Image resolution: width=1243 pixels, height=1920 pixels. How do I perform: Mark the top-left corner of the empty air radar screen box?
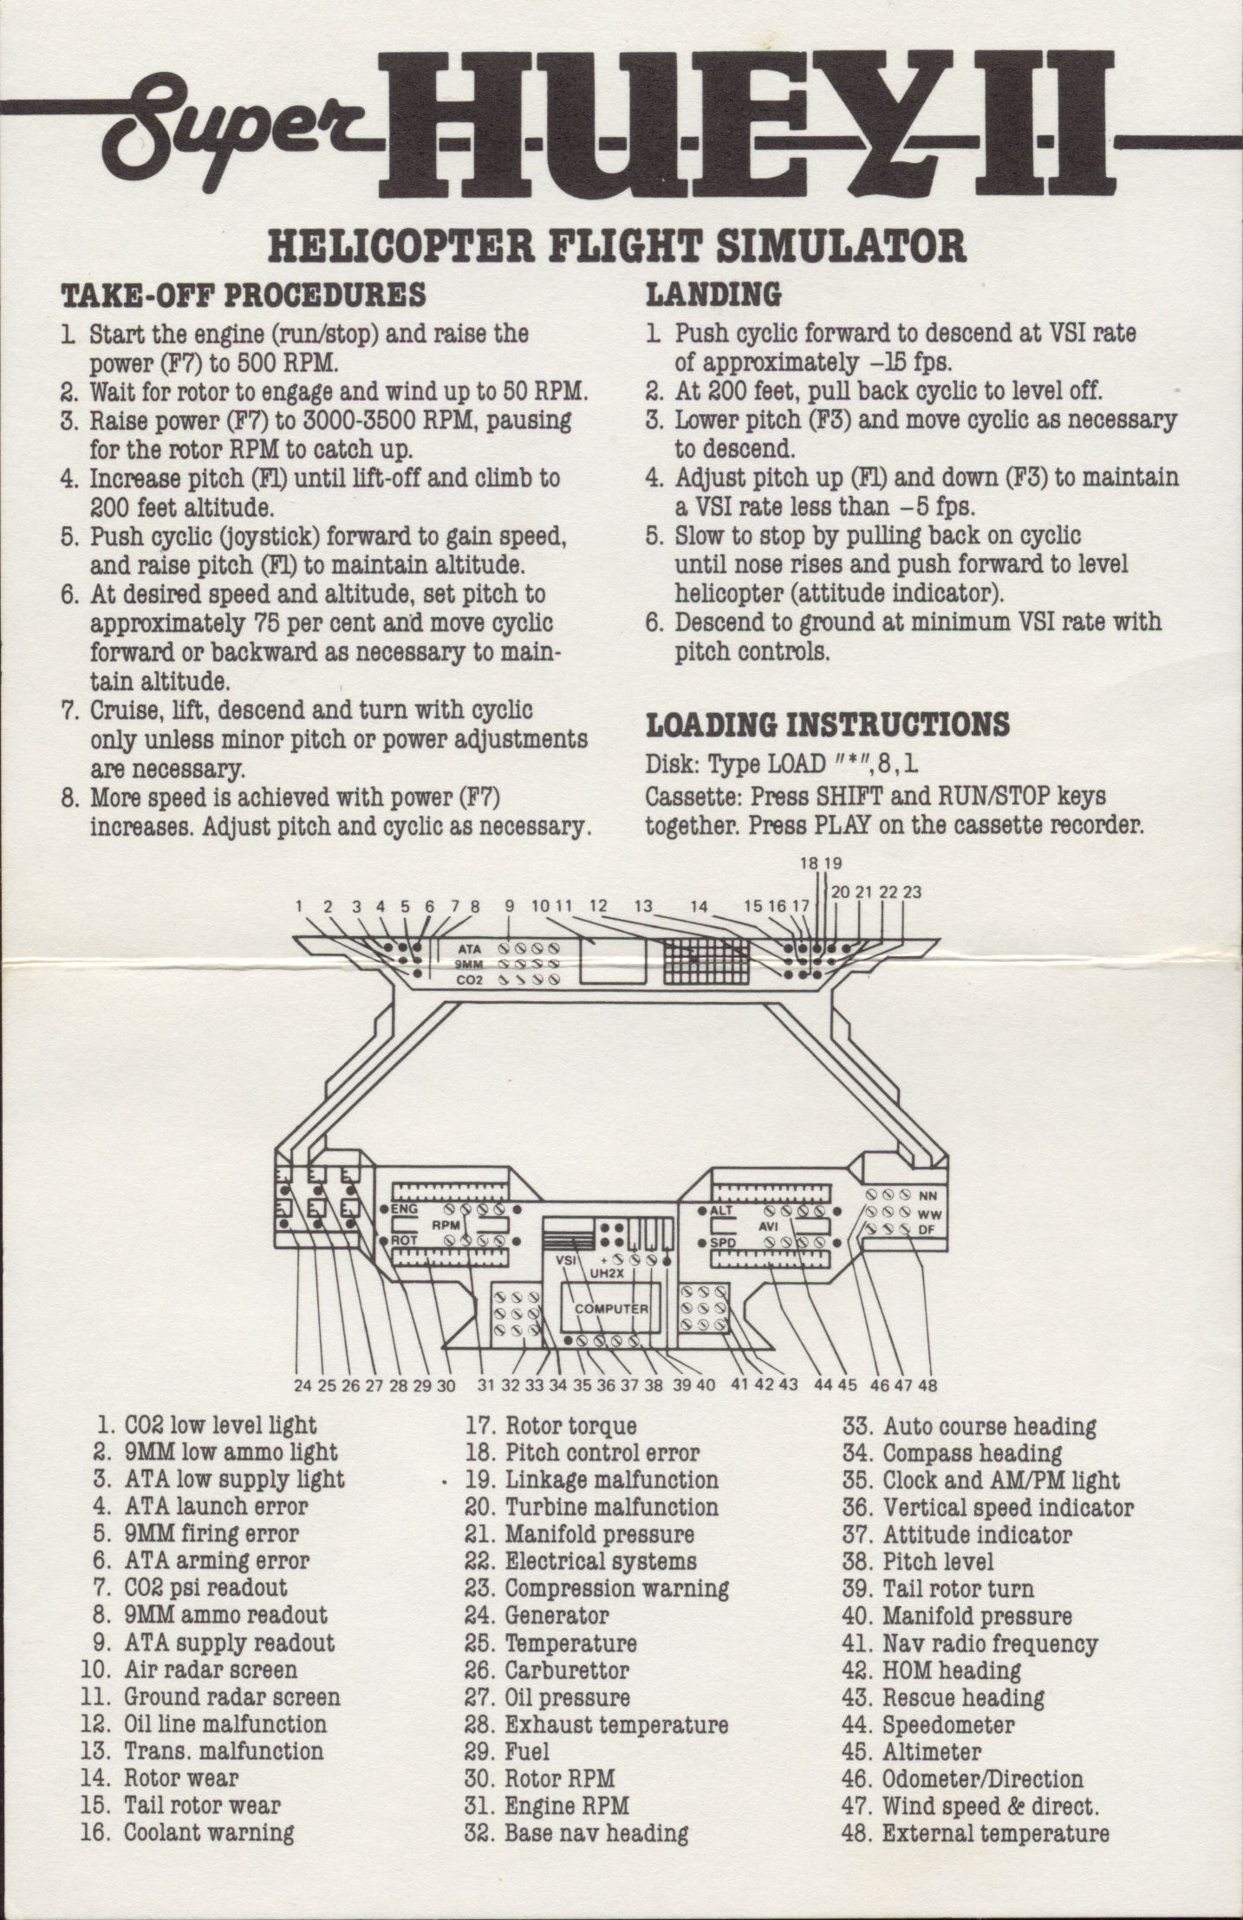(x=580, y=939)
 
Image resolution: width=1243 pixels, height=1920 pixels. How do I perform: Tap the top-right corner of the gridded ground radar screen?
(x=749, y=939)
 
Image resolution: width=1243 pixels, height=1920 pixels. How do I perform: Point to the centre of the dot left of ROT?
(x=384, y=1240)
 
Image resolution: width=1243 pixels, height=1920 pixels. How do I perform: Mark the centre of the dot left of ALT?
(x=703, y=1210)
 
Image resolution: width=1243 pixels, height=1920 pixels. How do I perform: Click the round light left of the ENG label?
(x=384, y=1209)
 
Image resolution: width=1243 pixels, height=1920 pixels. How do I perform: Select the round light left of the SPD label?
(x=703, y=1242)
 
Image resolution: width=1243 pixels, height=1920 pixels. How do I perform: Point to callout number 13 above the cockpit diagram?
(x=643, y=907)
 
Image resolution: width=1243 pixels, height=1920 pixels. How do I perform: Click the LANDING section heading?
(x=713, y=295)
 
